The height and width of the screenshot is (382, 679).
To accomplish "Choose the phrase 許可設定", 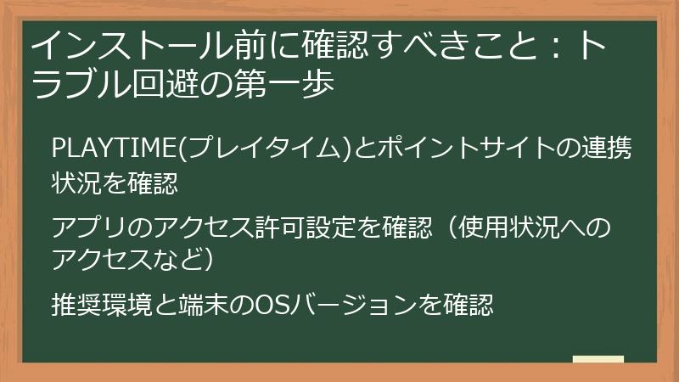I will pos(289,228).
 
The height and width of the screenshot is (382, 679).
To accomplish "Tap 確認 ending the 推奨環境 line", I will pos(472,303).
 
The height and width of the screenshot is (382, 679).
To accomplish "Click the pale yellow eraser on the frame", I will pos(598,359).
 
